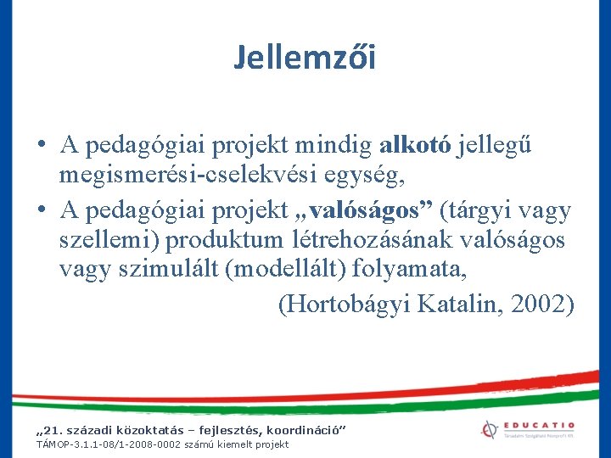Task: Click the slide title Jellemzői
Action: [305, 58]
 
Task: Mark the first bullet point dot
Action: [41, 146]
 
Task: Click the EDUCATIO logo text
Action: [540, 426]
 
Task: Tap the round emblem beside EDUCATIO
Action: [488, 429]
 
